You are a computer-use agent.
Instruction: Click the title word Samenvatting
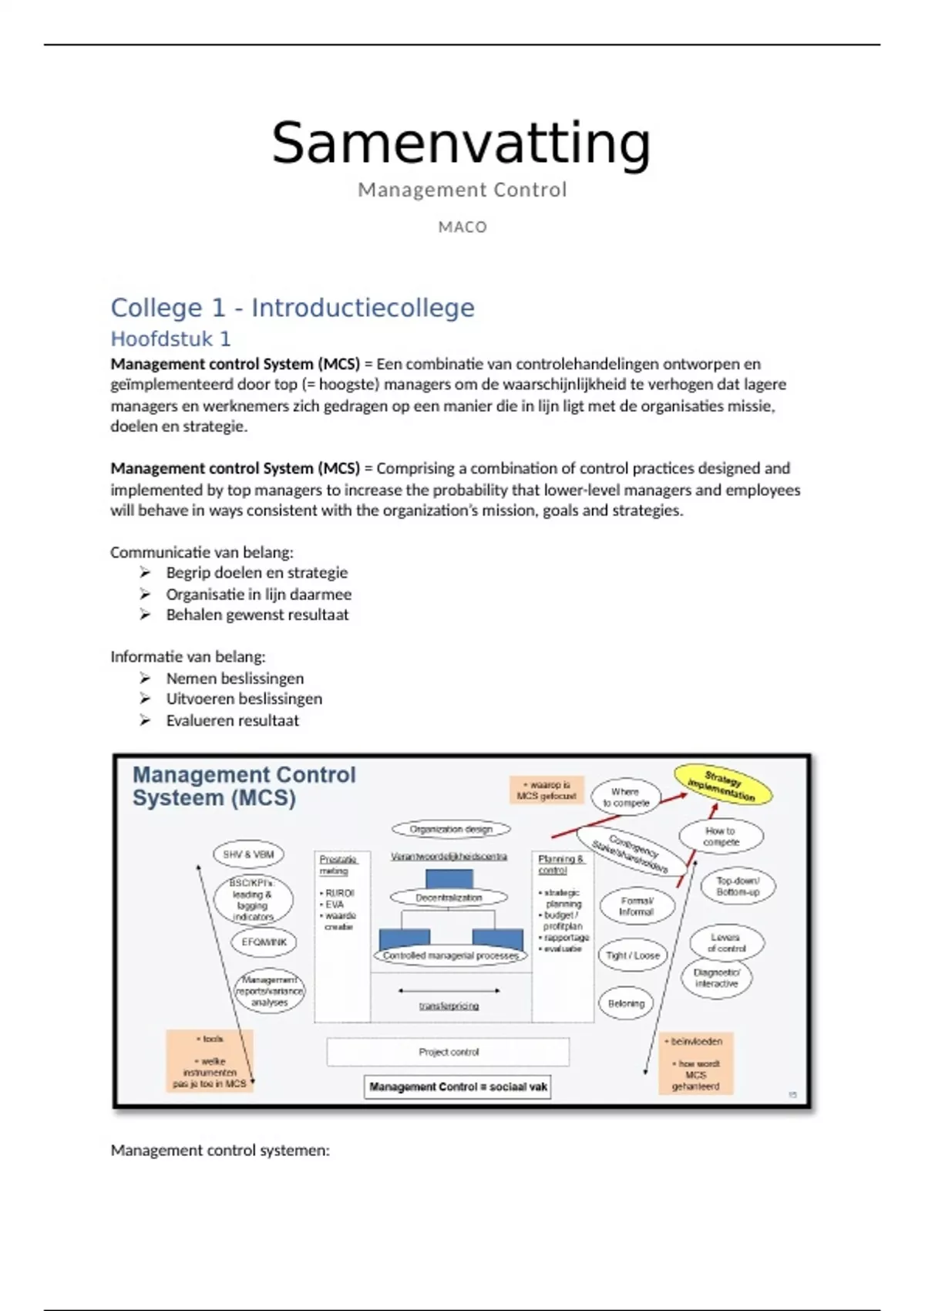461,144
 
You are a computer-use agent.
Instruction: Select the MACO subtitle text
462,227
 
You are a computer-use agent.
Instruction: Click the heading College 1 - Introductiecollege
292,308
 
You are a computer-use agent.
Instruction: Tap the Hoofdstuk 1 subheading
170,339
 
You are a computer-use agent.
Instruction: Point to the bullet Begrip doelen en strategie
257,573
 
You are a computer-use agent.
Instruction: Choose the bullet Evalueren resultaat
232,720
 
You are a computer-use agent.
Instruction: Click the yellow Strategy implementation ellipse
722,784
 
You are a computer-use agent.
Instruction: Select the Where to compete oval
626,797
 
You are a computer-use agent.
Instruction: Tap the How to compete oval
721,837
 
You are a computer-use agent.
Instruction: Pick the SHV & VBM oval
248,854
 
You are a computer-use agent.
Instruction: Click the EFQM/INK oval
264,942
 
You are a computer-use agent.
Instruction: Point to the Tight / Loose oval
633,955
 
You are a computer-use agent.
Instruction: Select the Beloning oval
626,1003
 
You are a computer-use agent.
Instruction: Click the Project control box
449,1052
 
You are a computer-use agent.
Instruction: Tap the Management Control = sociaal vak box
458,1087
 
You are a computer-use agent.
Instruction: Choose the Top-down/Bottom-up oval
738,886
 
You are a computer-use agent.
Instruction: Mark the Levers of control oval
726,942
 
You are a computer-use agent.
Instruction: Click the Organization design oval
451,830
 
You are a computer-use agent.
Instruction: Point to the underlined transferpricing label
449,1006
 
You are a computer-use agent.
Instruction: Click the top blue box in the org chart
449,879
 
